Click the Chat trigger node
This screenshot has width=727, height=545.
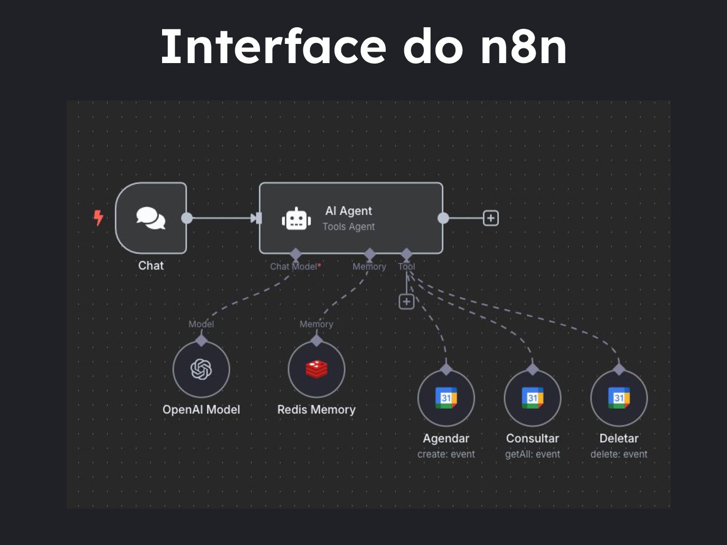151,218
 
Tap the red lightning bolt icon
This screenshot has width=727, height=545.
98,218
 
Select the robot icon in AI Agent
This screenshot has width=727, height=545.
296,219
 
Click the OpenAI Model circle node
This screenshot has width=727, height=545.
201,369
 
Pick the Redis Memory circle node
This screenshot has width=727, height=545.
317,369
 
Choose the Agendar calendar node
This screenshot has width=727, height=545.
446,398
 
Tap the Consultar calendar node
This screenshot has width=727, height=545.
533,398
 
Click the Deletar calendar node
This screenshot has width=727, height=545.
619,398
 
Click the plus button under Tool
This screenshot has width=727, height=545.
406,302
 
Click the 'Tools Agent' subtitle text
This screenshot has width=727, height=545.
349,227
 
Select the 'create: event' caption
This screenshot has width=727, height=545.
446,454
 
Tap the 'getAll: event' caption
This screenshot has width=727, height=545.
533,454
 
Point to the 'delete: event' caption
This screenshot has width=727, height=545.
619,454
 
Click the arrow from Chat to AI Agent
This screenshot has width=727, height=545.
222,218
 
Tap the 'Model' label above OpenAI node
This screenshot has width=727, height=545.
201,324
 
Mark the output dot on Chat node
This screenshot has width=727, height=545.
187,218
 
